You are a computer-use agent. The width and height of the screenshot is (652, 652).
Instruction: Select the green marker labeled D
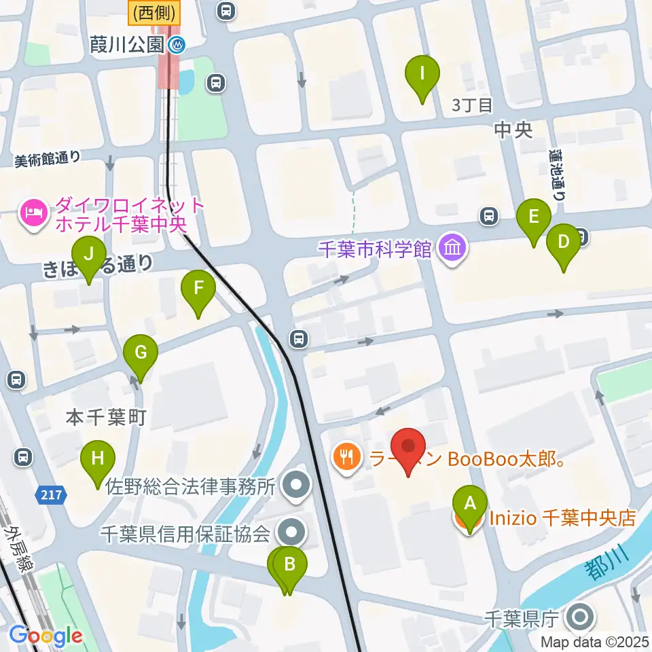pos(563,244)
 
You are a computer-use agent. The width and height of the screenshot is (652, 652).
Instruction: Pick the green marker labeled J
pos(89,257)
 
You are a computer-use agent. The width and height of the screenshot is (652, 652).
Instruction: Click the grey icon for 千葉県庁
pos(579,618)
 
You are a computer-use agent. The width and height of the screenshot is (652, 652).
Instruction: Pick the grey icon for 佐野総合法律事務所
pos(296,485)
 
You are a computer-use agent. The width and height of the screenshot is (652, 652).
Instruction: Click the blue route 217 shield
pos(52,496)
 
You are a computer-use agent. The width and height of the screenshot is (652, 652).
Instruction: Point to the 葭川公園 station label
pos(127,45)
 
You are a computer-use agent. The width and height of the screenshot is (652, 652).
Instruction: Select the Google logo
pos(46,636)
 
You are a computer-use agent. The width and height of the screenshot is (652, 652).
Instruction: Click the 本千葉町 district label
pos(105,418)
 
